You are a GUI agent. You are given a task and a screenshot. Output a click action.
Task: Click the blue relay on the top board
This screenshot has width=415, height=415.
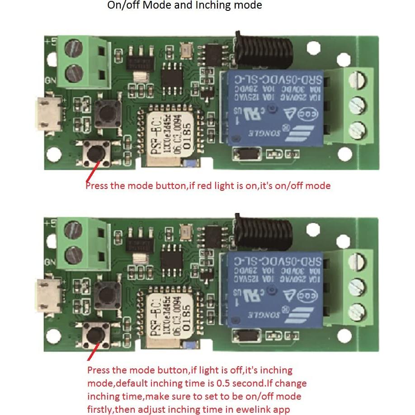pyautogui.click(x=271, y=108)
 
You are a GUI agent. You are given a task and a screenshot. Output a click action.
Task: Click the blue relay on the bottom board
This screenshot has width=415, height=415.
pyautogui.click(x=271, y=289)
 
